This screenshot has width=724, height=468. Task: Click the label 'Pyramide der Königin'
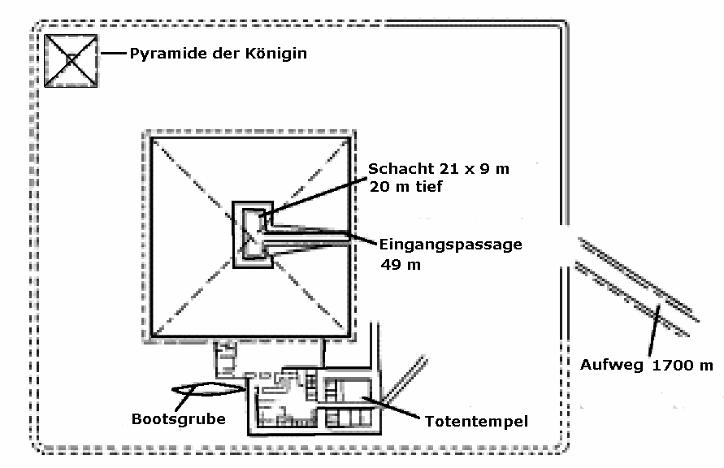tap(219, 54)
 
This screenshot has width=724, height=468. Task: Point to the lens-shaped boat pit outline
tap(209, 390)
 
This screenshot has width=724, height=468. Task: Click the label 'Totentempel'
tap(476, 421)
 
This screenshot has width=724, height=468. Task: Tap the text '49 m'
tap(404, 264)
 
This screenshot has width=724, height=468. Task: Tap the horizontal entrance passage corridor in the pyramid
tap(309, 240)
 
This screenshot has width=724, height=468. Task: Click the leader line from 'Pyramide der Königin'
tap(113, 55)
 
